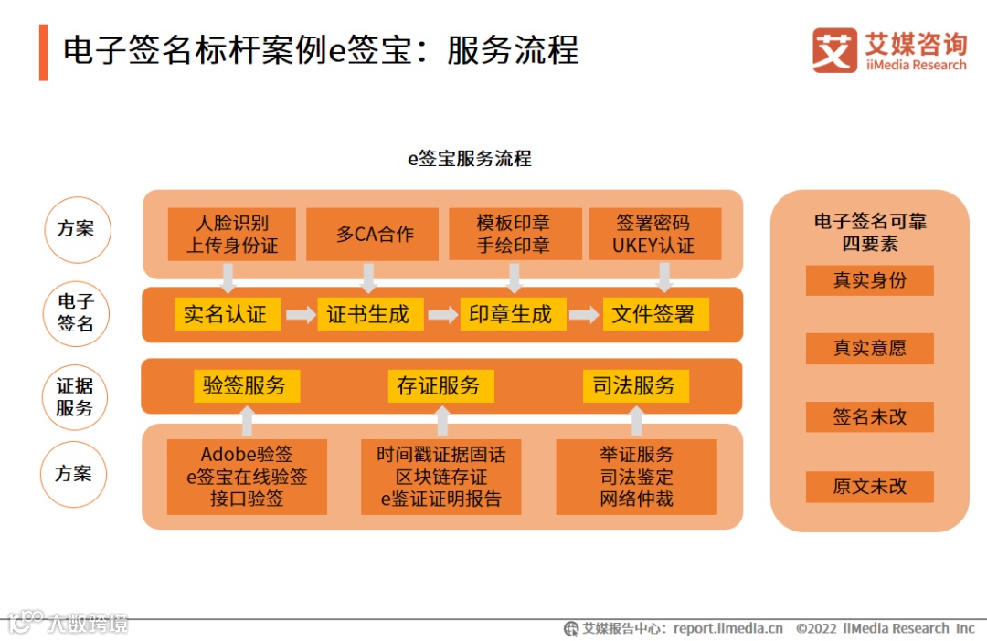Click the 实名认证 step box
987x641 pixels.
[225, 314]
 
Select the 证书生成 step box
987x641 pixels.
[367, 314]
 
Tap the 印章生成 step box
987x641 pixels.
[510, 314]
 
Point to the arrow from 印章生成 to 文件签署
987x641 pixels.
[584, 315]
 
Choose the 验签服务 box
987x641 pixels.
[244, 385]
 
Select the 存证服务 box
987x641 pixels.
[440, 385]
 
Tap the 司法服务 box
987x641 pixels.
[635, 385]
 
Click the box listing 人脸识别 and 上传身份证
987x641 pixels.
[232, 234]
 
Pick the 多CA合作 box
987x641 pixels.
[375, 234]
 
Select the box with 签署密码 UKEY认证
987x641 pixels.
[653, 234]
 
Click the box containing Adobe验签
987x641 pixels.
[247, 477]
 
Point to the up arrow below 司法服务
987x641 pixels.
[637, 421]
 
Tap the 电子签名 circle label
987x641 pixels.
[76, 313]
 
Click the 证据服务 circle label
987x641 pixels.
[75, 396]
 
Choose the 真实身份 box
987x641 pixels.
[869, 280]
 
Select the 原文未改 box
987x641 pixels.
[869, 487]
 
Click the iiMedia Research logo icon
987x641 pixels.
[834, 50]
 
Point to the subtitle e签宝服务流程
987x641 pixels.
[469, 159]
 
